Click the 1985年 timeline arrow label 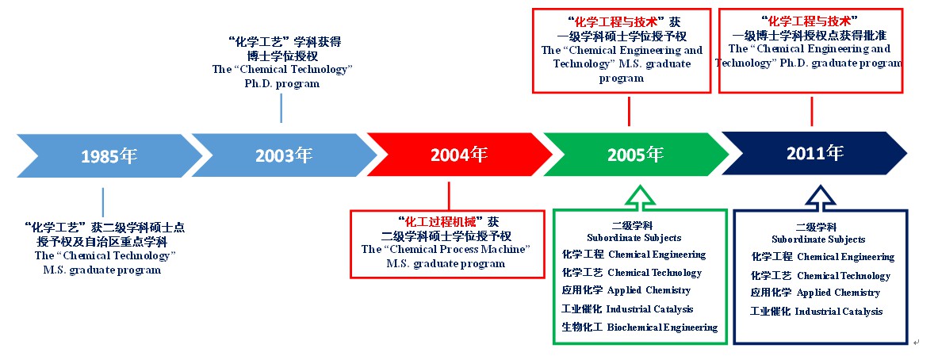pyautogui.click(x=109, y=156)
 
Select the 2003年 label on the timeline pyautogui.click(x=284, y=155)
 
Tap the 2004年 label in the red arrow pyautogui.click(x=459, y=155)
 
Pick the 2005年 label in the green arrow pyautogui.click(x=635, y=155)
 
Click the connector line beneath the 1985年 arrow pyautogui.click(x=102, y=202)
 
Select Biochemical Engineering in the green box pyautogui.click(x=662, y=327)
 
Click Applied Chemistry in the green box pyautogui.click(x=649, y=291)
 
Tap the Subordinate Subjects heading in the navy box pyautogui.click(x=818, y=239)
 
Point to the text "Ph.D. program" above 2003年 pyautogui.click(x=281, y=84)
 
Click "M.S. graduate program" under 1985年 pyautogui.click(x=102, y=270)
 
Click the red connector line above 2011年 pyautogui.click(x=811, y=111)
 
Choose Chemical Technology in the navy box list pyautogui.click(x=844, y=276)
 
